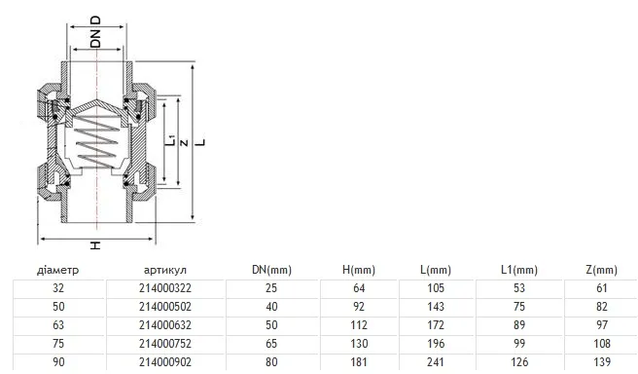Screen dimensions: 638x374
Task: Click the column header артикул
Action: point(165,270)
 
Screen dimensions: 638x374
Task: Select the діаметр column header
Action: point(57,270)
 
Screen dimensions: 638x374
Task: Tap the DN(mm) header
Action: point(271,270)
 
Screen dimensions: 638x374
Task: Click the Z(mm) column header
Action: point(601,270)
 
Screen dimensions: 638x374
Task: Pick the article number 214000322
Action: point(165,288)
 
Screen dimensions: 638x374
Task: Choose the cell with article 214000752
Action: point(165,344)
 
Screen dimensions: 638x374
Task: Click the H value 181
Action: point(359,361)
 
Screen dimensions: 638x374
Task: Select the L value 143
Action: point(436,307)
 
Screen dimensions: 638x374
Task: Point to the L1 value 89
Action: point(519,325)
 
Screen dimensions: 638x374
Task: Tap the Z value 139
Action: point(602,361)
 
